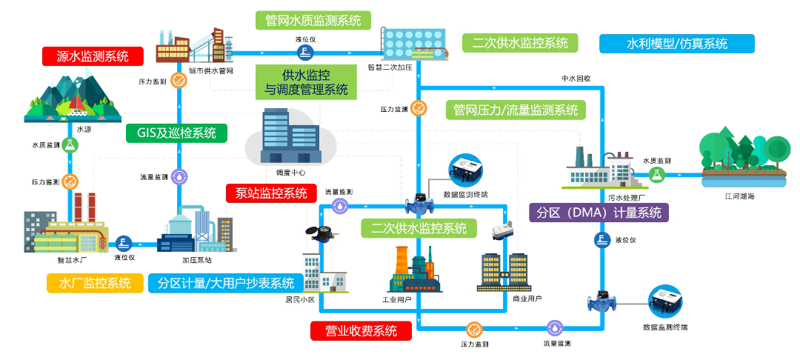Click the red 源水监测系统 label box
[93, 56]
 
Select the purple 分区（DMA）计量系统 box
[599, 212]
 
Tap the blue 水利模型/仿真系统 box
[676, 44]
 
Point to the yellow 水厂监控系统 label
[95, 283]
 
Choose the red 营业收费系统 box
[361, 330]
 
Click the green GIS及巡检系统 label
[176, 133]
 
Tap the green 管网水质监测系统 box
[313, 20]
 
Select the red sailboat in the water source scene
[76, 104]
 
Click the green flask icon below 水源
[70, 146]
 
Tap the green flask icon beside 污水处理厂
[657, 174]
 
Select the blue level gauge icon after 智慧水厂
[124, 244]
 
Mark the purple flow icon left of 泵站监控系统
[180, 176]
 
